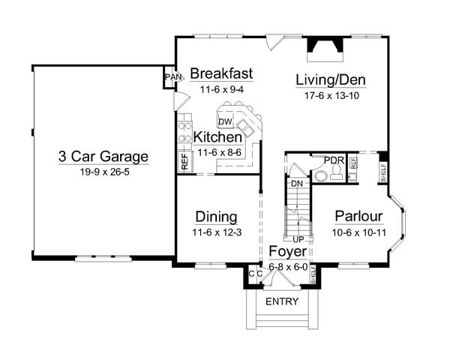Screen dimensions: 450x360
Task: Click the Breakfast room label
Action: tap(221, 73)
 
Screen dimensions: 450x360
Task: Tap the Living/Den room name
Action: tap(331, 79)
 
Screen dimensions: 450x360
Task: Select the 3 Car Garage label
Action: tap(103, 157)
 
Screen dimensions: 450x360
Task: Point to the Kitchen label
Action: tap(217, 137)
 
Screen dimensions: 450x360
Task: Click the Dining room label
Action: tap(217, 217)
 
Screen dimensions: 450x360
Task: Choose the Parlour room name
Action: tap(359, 216)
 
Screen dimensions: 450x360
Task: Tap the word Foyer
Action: tap(288, 251)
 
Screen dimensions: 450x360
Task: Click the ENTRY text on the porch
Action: tap(282, 301)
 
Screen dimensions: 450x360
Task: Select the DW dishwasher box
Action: tap(225, 121)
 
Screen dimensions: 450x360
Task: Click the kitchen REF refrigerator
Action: tap(184, 162)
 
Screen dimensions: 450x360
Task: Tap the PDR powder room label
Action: tap(334, 160)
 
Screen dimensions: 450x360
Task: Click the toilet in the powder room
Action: tap(336, 173)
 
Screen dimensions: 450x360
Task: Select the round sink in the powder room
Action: tap(320, 175)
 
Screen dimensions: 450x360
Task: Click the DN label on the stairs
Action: tap(297, 184)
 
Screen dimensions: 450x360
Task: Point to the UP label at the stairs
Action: tap(298, 238)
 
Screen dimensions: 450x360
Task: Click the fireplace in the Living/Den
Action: tap(325, 49)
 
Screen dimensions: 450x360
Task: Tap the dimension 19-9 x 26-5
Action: tap(104, 172)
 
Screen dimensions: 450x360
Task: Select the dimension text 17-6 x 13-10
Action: tap(331, 95)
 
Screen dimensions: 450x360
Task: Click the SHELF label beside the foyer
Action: tap(313, 274)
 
